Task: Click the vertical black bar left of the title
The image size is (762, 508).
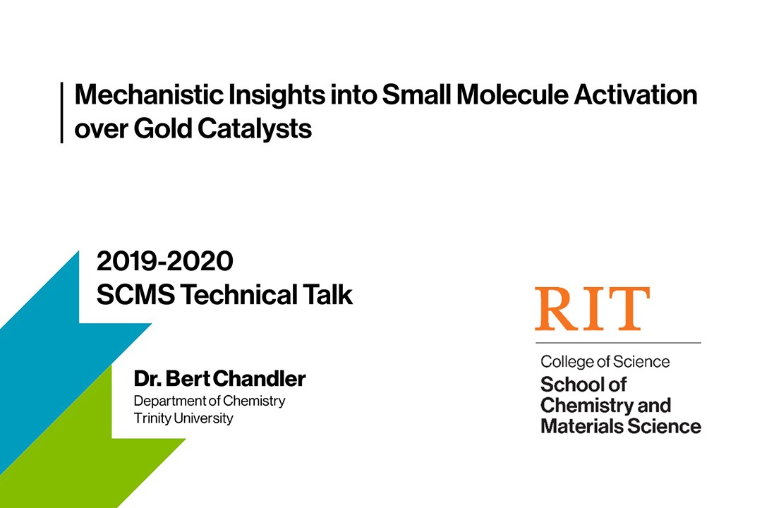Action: pos(62,112)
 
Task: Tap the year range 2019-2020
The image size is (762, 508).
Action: pos(164,262)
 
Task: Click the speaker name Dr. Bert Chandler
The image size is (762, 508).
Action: pos(219,380)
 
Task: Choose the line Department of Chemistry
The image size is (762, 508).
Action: pos(210,401)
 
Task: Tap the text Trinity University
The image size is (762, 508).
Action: pos(183,418)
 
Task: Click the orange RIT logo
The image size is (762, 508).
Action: pos(591,309)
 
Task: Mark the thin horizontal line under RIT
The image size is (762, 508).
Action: pos(617,343)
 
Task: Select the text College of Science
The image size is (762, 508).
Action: pos(605,362)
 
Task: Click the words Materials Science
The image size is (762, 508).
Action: pos(620,426)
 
